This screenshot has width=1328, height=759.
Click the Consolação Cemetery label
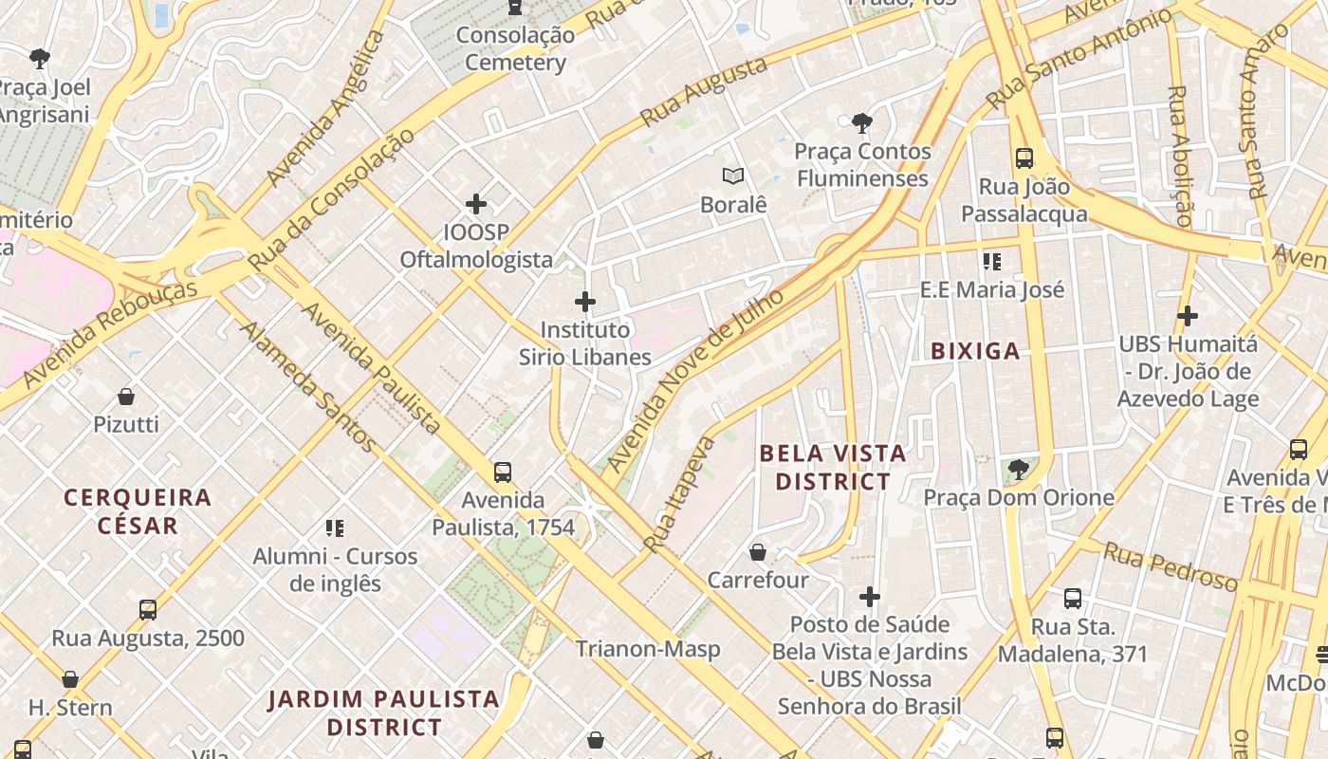[x=515, y=49]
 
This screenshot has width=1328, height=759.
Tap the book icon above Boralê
[x=732, y=176]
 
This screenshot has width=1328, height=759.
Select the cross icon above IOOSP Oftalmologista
[x=476, y=203]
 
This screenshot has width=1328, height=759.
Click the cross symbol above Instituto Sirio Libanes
[x=585, y=302]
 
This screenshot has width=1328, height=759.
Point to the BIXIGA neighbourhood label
[x=975, y=351]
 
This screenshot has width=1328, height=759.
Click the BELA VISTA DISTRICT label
[x=833, y=468]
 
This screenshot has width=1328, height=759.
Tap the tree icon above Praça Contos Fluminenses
[x=862, y=122]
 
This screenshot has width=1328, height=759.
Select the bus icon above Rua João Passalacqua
[x=1024, y=157]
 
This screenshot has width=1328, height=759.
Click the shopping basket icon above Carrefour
[x=758, y=551]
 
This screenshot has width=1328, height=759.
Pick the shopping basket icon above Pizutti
[x=126, y=396]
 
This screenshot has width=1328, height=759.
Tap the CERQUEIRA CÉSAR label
[x=138, y=511]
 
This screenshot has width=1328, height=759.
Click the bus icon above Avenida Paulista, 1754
[x=503, y=472]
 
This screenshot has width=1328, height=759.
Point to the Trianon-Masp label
[x=648, y=650]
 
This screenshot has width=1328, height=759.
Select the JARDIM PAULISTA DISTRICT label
[x=383, y=713]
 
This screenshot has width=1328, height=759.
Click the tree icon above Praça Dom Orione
[x=1018, y=469]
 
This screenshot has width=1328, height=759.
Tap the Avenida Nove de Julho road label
[x=696, y=379]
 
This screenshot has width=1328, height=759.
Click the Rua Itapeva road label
[x=679, y=493]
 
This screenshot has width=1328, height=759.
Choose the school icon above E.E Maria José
[x=992, y=261]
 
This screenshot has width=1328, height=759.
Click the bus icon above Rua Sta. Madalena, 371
[x=1072, y=598]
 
